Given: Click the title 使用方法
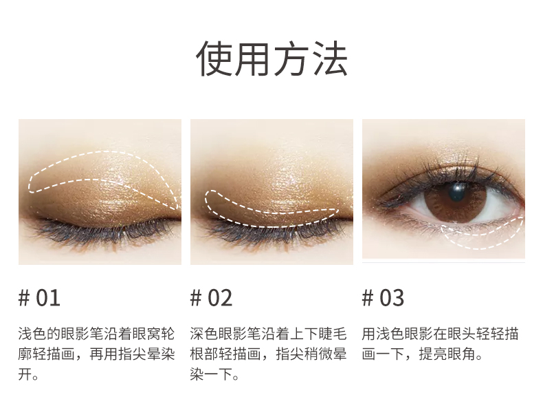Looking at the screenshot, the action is [271, 58].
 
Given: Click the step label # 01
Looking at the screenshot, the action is [39, 298].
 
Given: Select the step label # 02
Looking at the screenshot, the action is [211, 298].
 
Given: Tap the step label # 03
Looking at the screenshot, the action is [383, 298].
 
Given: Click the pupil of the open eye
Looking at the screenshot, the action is [457, 192].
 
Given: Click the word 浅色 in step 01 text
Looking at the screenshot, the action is [32, 334].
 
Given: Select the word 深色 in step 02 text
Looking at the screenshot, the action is [204, 334].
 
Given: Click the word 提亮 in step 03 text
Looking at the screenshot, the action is [433, 354].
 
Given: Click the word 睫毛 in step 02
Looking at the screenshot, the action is [333, 334].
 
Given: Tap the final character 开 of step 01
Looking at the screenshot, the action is [25, 374].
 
